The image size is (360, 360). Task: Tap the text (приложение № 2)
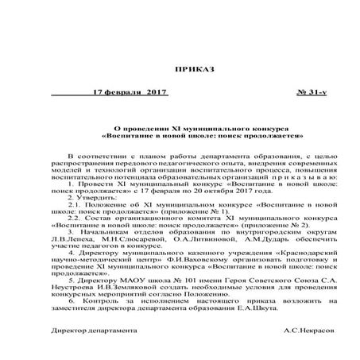[257, 225]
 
